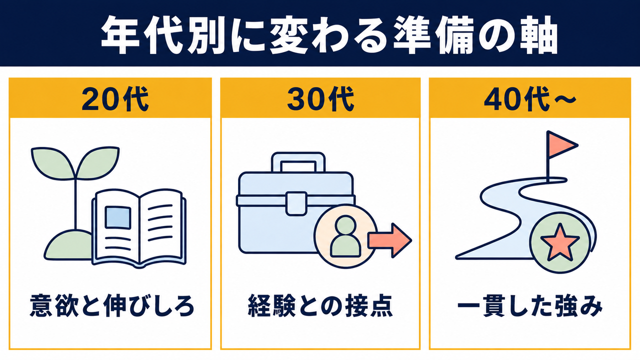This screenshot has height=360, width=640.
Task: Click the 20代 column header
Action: click(115, 99)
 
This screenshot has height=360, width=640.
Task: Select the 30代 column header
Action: click(320, 99)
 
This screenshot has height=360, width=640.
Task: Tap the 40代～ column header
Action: click(530, 99)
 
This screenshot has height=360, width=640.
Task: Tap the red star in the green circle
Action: click(560, 242)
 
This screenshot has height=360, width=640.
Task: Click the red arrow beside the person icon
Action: click(389, 240)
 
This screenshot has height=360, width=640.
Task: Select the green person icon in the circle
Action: click(345, 236)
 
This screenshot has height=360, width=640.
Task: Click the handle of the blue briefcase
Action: click(298, 162)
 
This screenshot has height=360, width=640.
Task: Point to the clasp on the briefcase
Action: click(296, 203)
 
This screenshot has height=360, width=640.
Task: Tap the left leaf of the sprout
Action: click(53, 163)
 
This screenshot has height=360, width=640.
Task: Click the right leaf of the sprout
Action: click(97, 163)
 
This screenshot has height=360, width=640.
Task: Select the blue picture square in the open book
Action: click(117, 217)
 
